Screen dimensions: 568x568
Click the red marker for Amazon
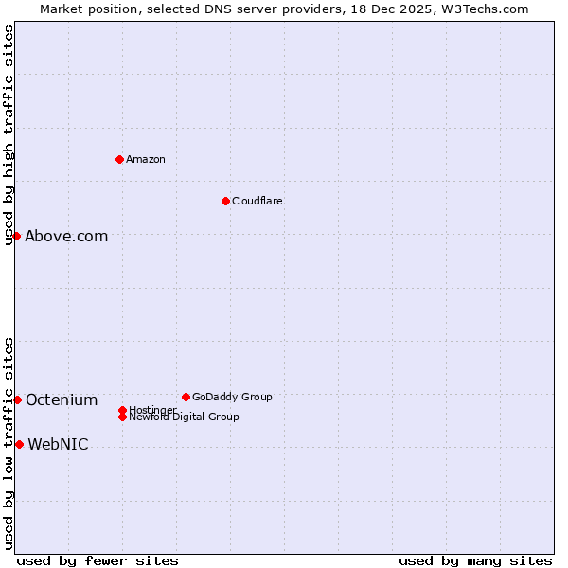click(x=119, y=159)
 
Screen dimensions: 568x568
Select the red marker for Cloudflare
click(x=225, y=201)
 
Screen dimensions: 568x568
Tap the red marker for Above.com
click(x=16, y=236)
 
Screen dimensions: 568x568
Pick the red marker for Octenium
click(x=17, y=399)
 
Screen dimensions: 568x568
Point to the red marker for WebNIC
click(x=19, y=444)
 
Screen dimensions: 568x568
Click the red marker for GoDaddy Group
click(x=186, y=397)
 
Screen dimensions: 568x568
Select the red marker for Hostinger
click(x=122, y=410)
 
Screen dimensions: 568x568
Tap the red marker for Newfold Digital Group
click(x=122, y=417)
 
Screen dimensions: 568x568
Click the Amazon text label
click(x=146, y=159)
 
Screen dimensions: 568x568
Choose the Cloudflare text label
click(x=257, y=201)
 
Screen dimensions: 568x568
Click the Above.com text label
click(x=66, y=237)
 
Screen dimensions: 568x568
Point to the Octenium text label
click(x=62, y=400)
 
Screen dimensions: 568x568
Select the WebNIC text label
click(x=58, y=445)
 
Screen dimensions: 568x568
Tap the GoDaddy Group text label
click(x=232, y=397)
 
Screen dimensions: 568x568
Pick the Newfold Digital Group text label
click(x=184, y=417)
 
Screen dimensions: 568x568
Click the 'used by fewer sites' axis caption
click(x=98, y=560)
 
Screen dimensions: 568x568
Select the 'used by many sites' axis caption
click(x=475, y=560)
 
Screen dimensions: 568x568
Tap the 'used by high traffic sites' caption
click(x=9, y=134)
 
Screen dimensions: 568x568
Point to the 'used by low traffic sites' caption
click(x=9, y=443)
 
